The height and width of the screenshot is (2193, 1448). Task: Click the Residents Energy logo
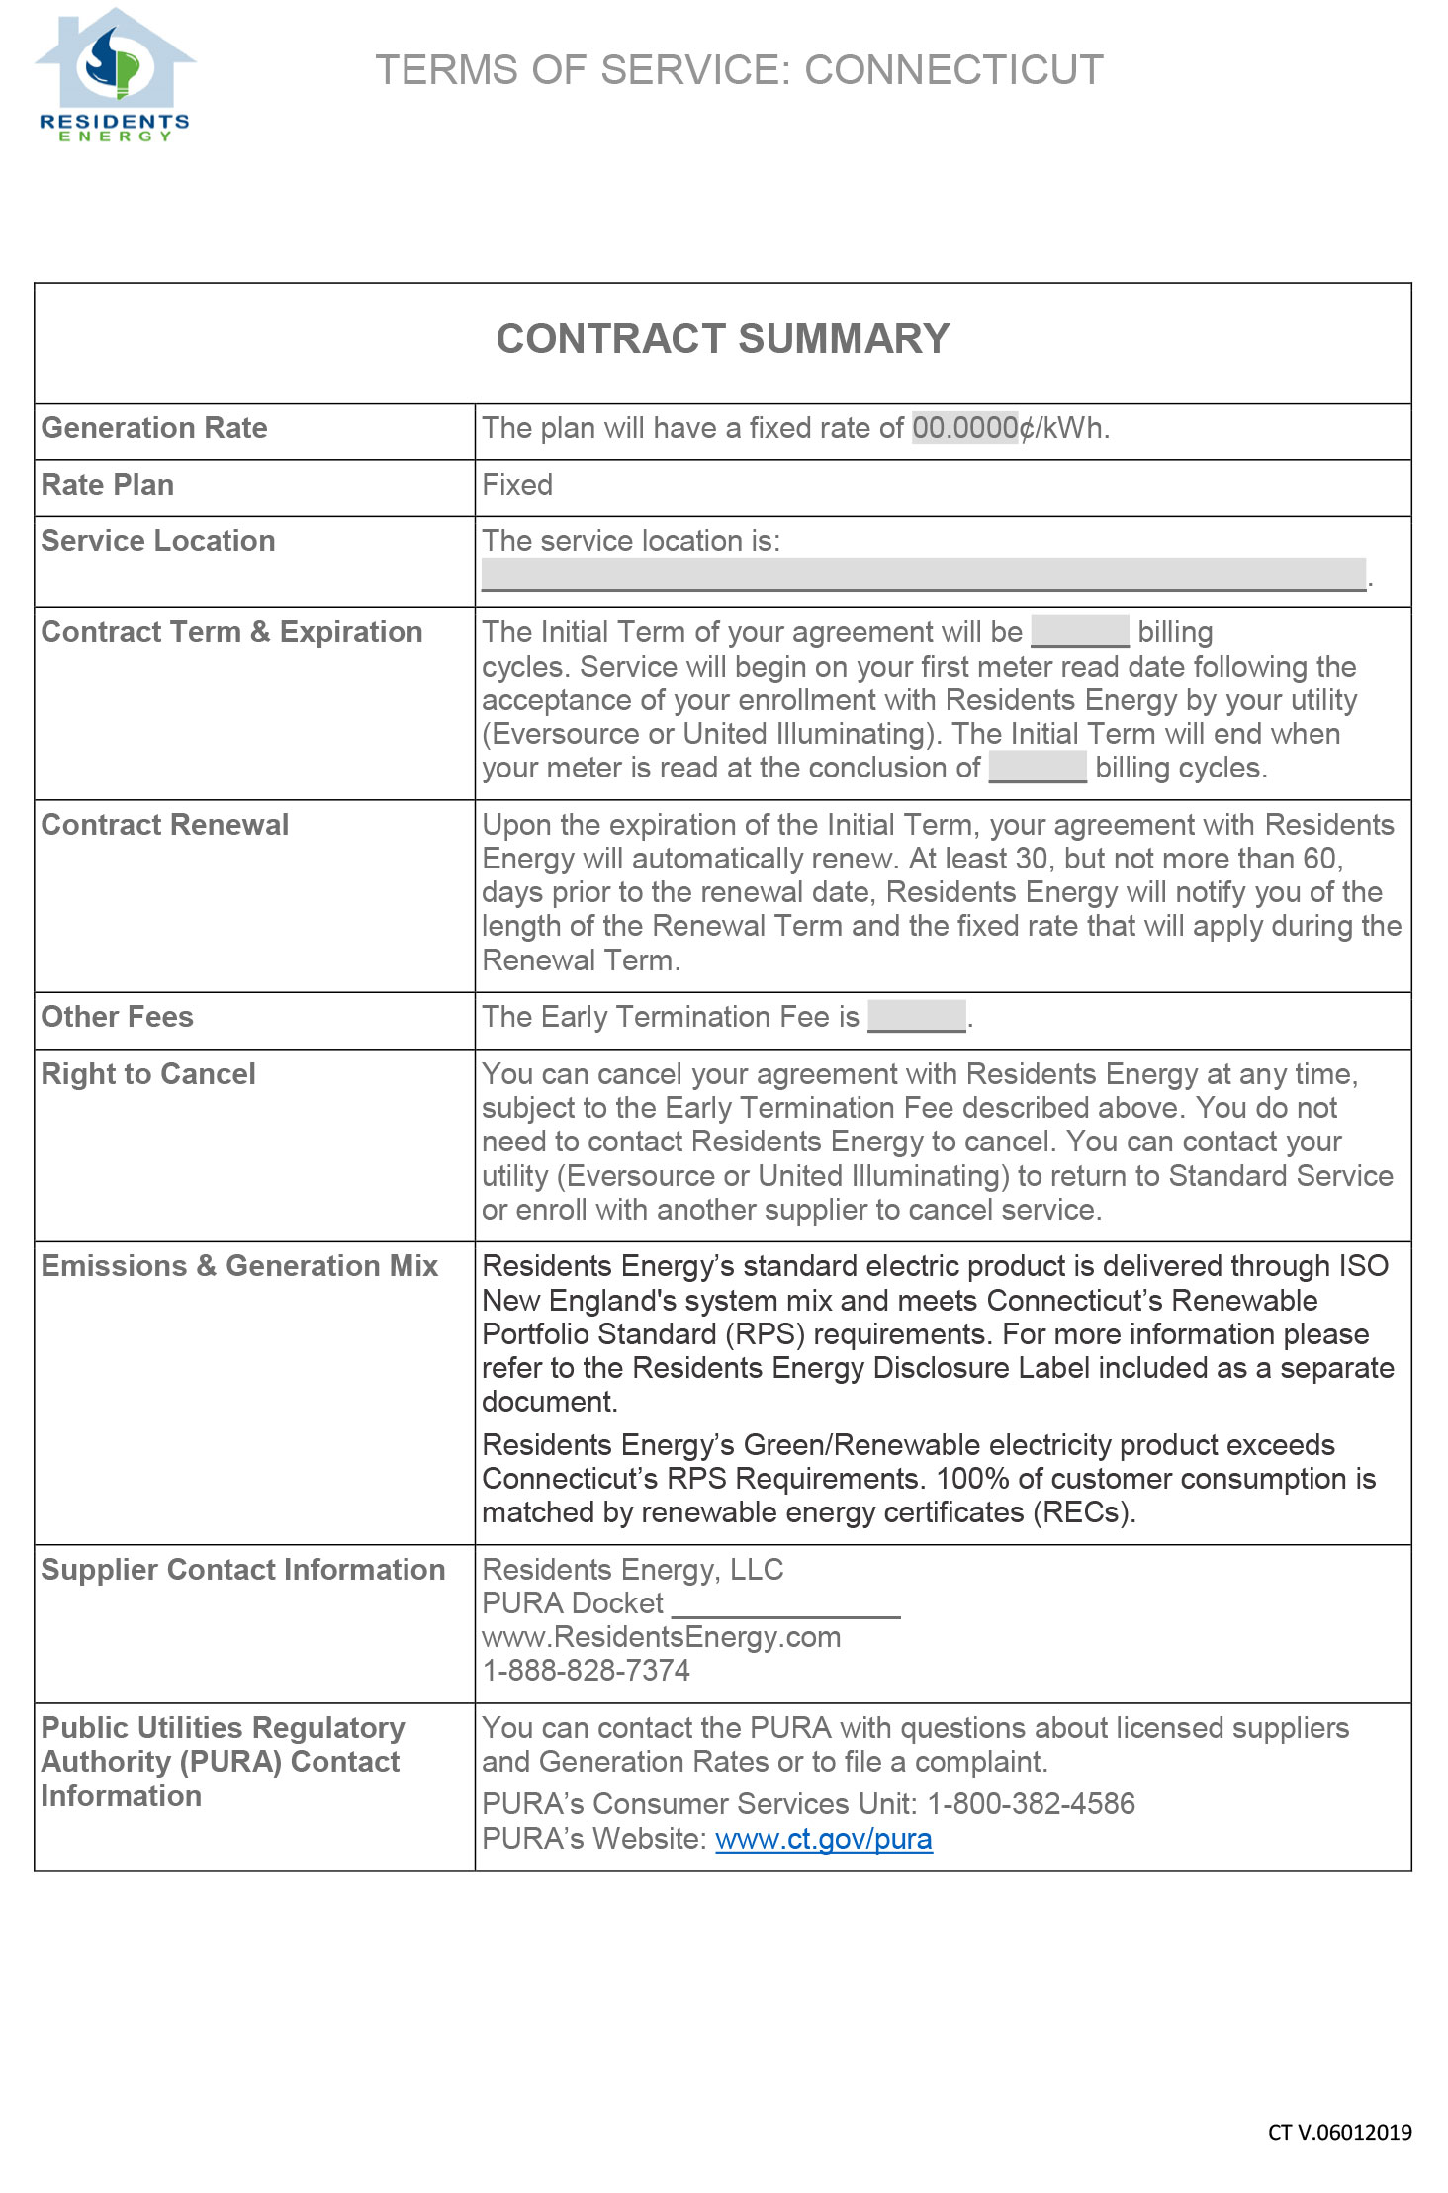tap(115, 75)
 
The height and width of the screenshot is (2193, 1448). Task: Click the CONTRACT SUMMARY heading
tap(722, 339)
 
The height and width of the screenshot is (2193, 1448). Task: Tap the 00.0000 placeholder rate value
tap(964, 428)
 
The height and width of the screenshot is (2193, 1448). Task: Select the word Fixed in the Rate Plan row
tap(517, 485)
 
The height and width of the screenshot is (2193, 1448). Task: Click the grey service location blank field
tap(923, 575)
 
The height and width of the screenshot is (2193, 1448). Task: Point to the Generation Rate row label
tap(154, 428)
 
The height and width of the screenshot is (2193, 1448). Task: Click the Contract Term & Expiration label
tap(231, 632)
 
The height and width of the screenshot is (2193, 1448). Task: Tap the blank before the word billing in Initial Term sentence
tap(1079, 632)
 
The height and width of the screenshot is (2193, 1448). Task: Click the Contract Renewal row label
tap(165, 825)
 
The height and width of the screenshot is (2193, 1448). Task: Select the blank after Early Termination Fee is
tap(917, 1017)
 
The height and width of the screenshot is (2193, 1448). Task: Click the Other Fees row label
tap(117, 1017)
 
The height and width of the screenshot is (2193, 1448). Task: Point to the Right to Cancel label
tap(148, 1074)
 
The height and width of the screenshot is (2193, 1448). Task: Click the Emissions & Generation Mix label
tap(239, 1266)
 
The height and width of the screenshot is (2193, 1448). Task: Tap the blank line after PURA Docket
tap(785, 1604)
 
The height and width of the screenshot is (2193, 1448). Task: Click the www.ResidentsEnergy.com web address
tap(661, 1637)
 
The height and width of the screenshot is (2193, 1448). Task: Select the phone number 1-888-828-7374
tap(586, 1671)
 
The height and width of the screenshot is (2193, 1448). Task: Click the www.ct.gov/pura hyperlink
tap(823, 1839)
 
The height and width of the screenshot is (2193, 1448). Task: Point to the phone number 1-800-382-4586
tap(1031, 1804)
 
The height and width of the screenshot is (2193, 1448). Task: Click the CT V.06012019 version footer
tap(1339, 2133)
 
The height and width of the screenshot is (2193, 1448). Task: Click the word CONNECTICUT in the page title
tap(953, 70)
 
